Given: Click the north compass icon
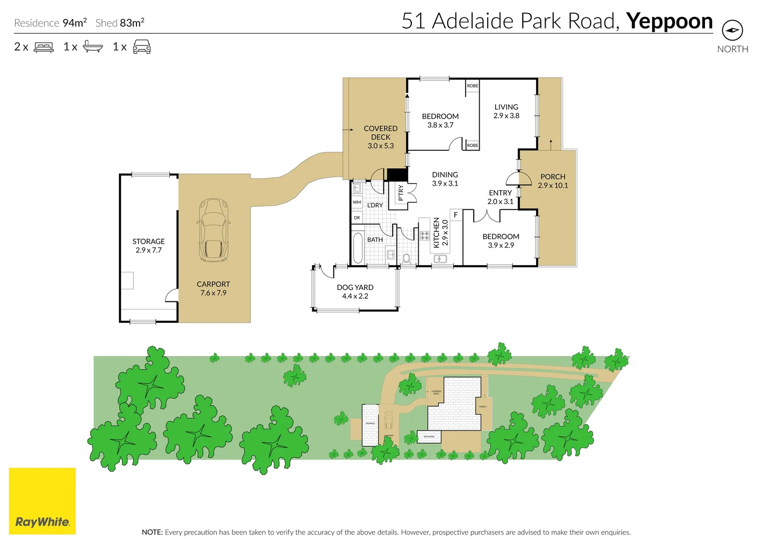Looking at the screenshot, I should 732,30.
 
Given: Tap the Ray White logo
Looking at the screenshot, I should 42,501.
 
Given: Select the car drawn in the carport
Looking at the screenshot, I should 213,230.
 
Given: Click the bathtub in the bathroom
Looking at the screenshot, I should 357,248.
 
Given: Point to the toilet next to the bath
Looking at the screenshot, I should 407,259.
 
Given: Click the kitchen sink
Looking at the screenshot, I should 440,259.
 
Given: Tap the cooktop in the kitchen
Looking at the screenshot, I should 424,236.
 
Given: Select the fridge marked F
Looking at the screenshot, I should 456,215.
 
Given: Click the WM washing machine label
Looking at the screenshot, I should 357,202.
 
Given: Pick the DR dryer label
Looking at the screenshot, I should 357,218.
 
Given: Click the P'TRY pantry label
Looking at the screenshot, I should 401,193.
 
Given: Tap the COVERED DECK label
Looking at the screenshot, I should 381,133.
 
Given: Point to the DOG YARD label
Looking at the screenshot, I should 355,287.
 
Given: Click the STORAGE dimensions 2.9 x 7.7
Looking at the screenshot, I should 148,250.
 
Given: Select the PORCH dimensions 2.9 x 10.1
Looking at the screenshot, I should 553,186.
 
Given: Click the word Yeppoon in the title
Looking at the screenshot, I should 669,21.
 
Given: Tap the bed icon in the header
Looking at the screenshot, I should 43,47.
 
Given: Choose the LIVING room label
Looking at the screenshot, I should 506,107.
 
